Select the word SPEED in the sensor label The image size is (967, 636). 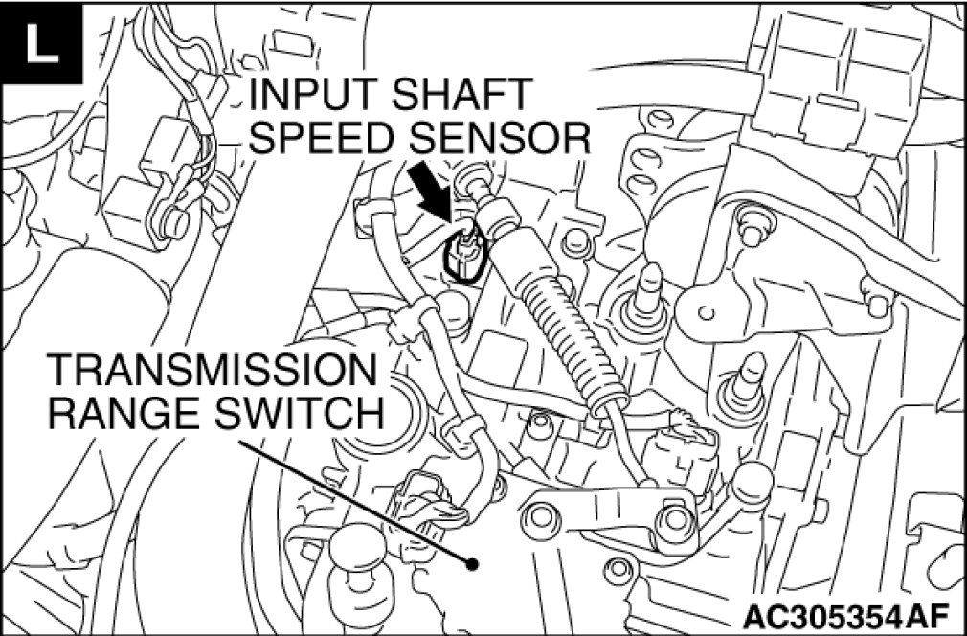pos(323,140)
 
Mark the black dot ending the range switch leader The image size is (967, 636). pos(471,564)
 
